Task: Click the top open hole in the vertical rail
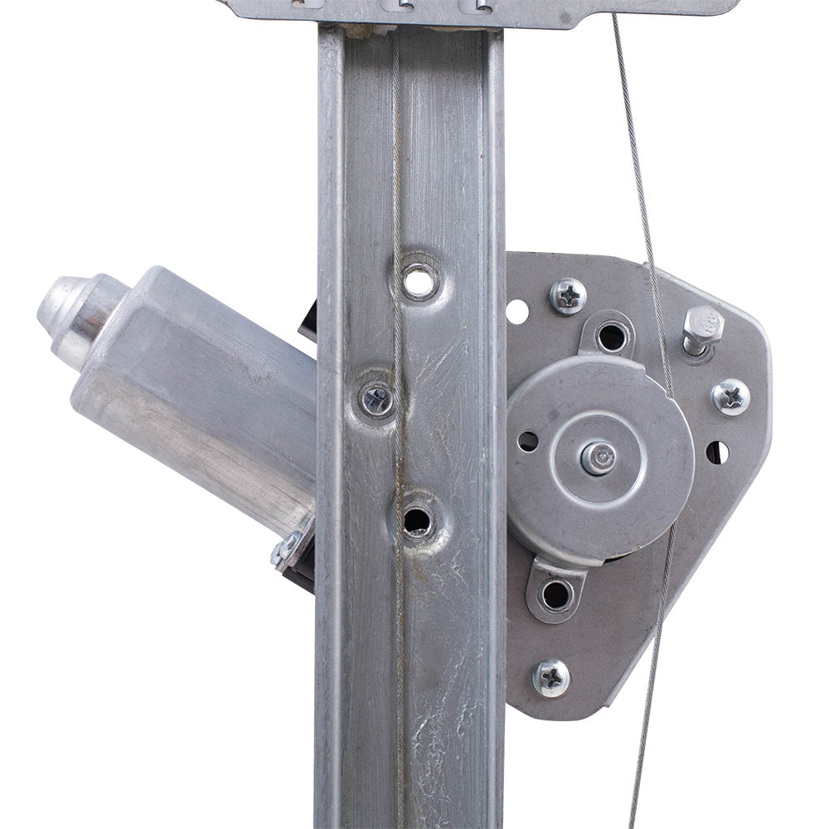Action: [x=419, y=283]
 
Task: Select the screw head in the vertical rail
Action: [x=377, y=400]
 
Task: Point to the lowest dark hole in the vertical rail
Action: [x=417, y=521]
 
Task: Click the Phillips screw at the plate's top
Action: [x=568, y=296]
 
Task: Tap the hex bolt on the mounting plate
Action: [x=702, y=325]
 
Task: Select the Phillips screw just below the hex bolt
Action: [x=731, y=396]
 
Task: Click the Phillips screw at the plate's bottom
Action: [x=551, y=677]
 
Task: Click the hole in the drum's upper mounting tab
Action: [x=612, y=337]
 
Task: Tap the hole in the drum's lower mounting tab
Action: [x=555, y=594]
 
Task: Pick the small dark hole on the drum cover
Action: [x=527, y=441]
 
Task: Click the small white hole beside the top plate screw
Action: [x=517, y=312]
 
